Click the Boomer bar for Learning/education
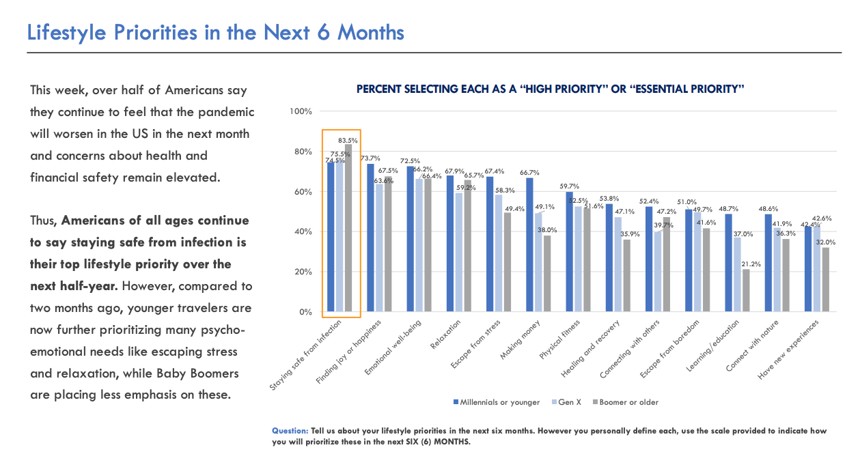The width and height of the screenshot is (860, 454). click(746, 291)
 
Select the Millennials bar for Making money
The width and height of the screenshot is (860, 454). click(529, 245)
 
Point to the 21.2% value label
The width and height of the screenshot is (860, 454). click(747, 264)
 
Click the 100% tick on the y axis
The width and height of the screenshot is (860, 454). click(301, 111)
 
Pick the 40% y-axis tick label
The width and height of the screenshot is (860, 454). click(303, 232)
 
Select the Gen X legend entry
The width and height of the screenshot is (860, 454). click(569, 402)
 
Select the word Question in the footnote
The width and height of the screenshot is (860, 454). click(290, 431)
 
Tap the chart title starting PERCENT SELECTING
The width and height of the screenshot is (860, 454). click(550, 89)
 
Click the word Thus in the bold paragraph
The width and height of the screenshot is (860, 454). click(44, 221)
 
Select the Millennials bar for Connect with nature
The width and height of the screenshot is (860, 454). click(768, 263)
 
